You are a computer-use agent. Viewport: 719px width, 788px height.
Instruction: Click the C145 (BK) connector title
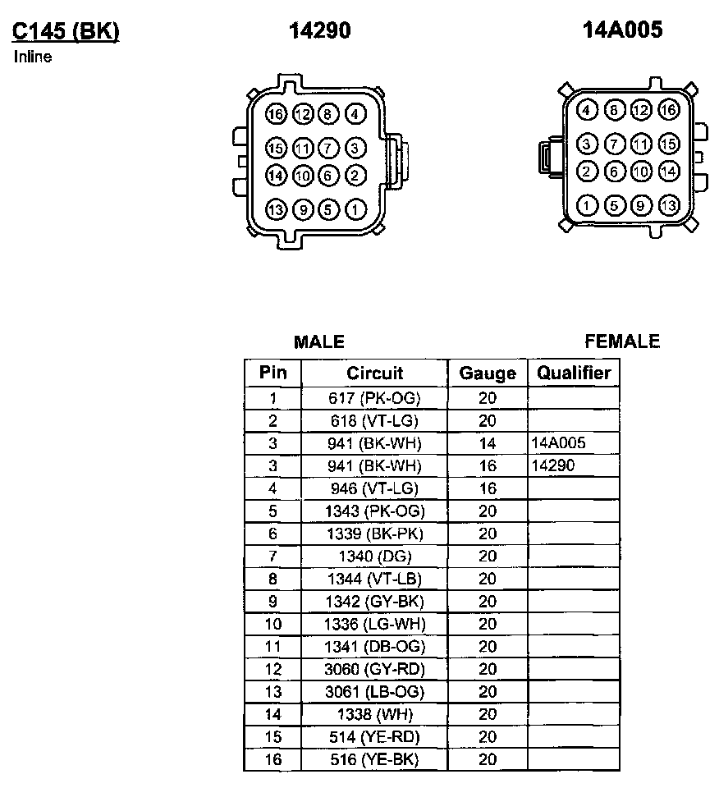coord(65,31)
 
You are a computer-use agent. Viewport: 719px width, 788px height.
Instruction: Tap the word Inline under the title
coord(33,57)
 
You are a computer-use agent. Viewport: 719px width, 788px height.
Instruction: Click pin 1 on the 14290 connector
coord(355,210)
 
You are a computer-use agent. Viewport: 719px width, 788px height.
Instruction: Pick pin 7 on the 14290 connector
coord(327,149)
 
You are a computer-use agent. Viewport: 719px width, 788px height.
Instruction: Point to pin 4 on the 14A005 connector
coord(586,111)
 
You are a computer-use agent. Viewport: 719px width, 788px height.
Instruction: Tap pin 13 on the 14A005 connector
coord(669,205)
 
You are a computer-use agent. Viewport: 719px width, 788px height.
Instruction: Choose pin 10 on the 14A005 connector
coord(641,172)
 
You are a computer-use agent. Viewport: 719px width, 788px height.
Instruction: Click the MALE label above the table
coord(319,341)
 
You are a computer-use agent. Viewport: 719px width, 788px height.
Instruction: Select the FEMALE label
coord(622,341)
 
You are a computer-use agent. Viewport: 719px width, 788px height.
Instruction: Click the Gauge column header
coord(488,373)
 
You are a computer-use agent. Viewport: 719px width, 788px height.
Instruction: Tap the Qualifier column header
coord(574,373)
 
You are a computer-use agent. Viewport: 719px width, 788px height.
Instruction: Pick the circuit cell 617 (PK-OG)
coord(374,399)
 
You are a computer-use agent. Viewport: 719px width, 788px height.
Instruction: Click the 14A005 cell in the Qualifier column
coord(559,444)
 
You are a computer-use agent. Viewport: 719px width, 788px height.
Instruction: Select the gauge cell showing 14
coord(488,444)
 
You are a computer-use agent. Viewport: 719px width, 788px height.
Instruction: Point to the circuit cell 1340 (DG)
coord(374,557)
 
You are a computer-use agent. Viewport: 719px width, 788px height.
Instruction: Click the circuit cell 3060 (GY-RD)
coord(374,669)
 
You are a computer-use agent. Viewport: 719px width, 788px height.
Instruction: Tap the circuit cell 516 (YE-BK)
coord(374,759)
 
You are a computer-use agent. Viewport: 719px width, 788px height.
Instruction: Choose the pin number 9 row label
coord(272,602)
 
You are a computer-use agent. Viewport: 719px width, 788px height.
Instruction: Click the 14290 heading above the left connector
coord(319,31)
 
